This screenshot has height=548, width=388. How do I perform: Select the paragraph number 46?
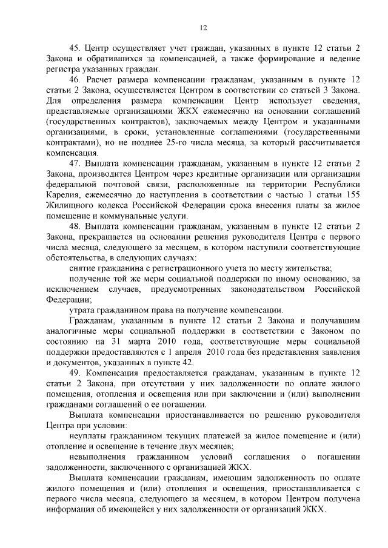coord(75,79)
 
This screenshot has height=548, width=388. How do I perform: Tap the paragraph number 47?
coord(75,162)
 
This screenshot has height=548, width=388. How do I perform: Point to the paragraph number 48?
coord(75,226)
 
